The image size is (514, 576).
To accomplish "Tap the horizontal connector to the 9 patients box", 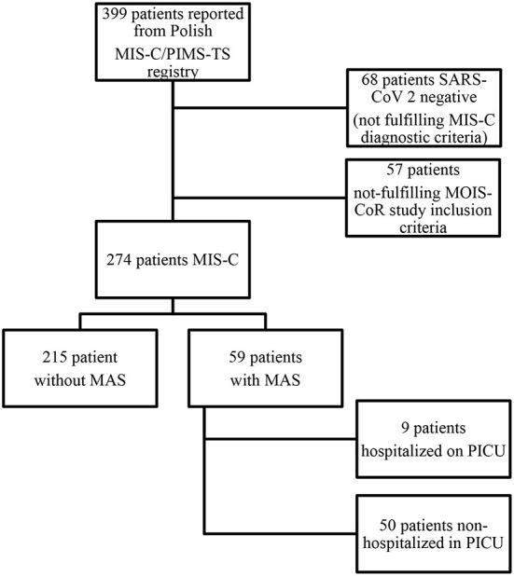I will pyautogui.click(x=280, y=438).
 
